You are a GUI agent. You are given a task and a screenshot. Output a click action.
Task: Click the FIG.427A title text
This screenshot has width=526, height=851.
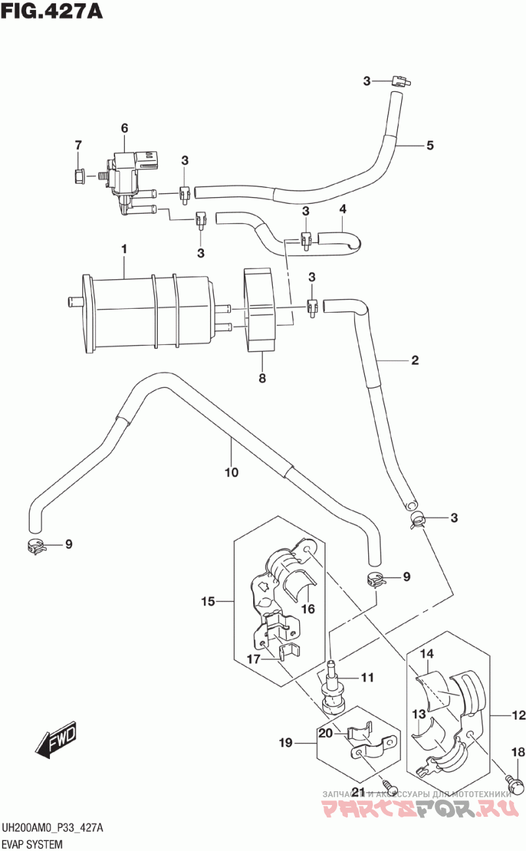pos(52,11)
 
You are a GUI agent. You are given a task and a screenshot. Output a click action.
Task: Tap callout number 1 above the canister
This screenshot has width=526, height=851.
pos(123,250)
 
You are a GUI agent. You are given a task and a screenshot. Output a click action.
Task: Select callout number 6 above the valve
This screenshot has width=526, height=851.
pos(124,128)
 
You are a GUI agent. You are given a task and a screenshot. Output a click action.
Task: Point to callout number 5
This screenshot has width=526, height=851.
pos(430,146)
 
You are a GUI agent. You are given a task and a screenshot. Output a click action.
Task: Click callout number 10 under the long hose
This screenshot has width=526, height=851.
pos(231,472)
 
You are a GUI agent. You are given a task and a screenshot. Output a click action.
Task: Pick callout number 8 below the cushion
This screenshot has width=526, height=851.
pos(262,378)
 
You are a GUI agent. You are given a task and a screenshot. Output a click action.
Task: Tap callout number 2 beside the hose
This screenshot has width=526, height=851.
pos(415,360)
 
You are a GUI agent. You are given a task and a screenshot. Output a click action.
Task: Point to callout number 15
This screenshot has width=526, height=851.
pos(208,601)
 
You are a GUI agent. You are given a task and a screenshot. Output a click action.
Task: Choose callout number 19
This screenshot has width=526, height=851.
pos(285,744)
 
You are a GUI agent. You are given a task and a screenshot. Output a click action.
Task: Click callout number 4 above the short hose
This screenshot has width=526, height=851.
pos(343,209)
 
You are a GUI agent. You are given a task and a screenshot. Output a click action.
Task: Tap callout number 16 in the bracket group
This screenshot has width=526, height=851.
pos(308,609)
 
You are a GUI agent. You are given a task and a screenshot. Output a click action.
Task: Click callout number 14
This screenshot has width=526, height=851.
pos(427,654)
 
